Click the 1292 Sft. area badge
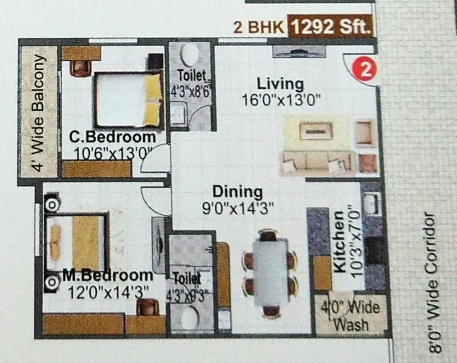coord(330,26)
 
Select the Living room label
coord(280,84)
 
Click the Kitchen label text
coord(339,242)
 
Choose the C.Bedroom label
coord(112,137)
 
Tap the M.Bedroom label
coord(107,276)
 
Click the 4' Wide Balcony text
coord(38,112)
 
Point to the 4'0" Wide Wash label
coord(350,316)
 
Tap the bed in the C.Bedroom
coord(128,100)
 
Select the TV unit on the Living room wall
coord(299,51)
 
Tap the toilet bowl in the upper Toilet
coord(190,56)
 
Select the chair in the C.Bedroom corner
coord(80,66)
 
